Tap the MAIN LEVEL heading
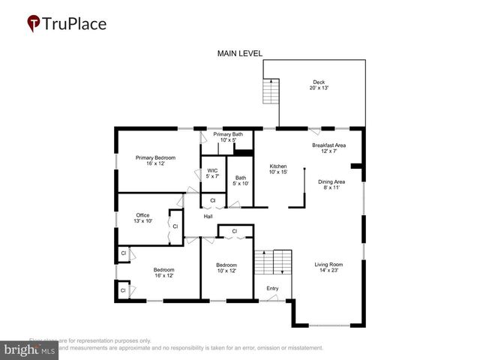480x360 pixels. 240,53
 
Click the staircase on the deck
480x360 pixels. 270,91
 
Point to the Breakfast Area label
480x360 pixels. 328,148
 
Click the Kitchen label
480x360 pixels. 278,169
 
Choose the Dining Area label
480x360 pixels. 330,184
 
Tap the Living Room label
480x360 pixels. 328,267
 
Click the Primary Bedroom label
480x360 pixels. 155,160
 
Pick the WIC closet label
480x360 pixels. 212,173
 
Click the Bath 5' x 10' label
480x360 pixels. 240,181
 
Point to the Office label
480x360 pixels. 142,218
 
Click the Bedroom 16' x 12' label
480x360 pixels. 164,273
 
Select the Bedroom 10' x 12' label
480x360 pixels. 226,268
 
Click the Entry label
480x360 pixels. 272,288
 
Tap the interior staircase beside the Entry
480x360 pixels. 271,263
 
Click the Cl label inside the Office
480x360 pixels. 175,226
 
